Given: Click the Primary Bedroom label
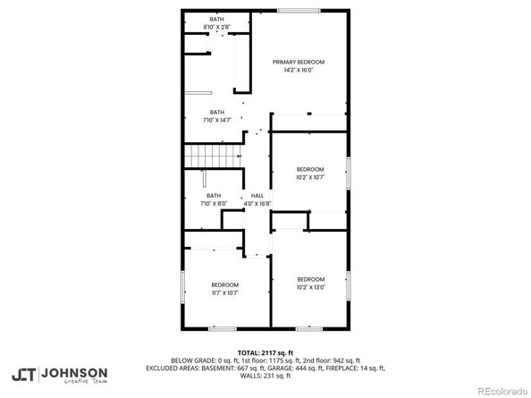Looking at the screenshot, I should click(x=299, y=62).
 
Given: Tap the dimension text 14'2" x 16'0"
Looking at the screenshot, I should click(x=299, y=70).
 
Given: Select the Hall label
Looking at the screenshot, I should click(x=257, y=196).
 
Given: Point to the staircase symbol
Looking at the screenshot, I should click(x=214, y=157).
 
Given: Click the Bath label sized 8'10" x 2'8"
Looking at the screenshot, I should click(x=216, y=19).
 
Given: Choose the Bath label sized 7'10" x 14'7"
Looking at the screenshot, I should click(x=216, y=112).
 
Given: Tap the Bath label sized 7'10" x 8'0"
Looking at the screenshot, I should click(x=214, y=196).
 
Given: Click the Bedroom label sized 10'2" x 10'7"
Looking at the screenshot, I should click(x=310, y=169).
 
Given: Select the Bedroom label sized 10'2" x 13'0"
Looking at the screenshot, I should click(x=310, y=278).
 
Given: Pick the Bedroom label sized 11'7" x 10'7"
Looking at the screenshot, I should click(x=224, y=284).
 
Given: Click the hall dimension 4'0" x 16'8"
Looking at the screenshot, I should click(x=257, y=204).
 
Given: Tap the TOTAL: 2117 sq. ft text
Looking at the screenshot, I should click(x=265, y=352).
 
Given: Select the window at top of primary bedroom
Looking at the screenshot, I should click(x=298, y=10).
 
